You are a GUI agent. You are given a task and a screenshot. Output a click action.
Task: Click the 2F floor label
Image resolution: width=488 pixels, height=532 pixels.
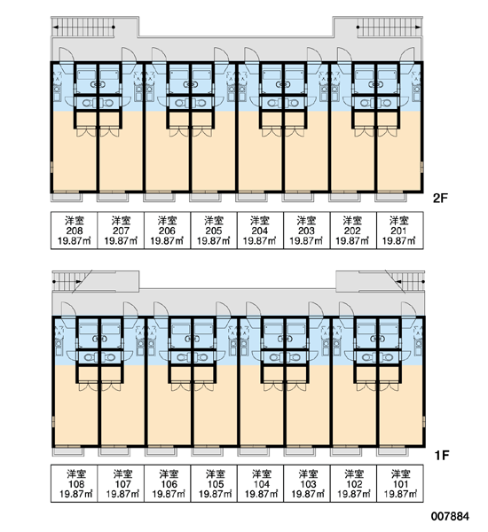click(x=440, y=198)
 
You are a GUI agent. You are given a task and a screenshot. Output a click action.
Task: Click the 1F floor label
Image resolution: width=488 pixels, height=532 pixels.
click(x=442, y=456)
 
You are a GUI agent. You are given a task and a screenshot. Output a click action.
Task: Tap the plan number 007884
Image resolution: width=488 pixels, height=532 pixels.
click(x=450, y=516)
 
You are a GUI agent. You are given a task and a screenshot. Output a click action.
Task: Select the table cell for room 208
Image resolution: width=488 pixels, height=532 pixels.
click(x=74, y=231)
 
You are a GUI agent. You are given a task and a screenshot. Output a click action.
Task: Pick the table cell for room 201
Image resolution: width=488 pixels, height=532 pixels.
click(x=399, y=231)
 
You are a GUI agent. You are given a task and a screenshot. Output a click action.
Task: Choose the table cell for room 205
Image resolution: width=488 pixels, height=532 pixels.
click(x=214, y=231)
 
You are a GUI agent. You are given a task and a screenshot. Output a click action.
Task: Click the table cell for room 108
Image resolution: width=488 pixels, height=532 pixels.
click(x=74, y=483)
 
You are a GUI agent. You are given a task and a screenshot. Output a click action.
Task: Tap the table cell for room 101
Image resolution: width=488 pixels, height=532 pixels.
click(x=399, y=483)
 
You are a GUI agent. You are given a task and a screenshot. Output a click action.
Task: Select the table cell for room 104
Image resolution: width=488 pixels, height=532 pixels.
click(x=260, y=483)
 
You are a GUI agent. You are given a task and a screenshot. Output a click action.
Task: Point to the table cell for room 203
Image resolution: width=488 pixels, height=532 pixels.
click(x=307, y=231)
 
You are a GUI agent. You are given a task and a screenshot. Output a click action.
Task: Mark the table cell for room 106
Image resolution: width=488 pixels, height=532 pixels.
click(x=167, y=483)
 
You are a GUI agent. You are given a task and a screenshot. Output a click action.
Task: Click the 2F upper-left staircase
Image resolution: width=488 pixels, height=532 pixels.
click(x=83, y=27)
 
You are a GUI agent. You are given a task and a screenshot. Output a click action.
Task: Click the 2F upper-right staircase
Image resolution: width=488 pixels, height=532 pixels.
click(x=389, y=27)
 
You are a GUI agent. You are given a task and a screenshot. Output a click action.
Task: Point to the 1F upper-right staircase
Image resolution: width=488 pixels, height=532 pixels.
click(x=408, y=281)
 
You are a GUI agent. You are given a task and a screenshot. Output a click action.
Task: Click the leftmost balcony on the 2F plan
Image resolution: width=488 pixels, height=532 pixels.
click(x=67, y=197)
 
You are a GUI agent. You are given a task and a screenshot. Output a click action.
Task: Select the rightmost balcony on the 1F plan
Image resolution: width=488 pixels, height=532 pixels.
click(x=392, y=451)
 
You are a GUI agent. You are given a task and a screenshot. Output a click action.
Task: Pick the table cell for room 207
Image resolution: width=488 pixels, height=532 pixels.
click(x=121, y=231)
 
